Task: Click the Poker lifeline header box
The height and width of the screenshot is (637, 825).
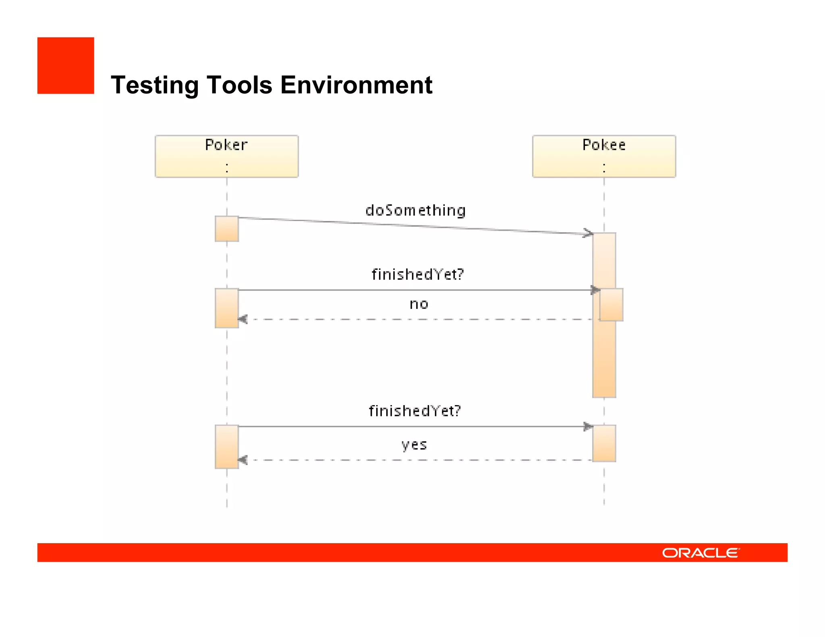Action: coord(226,156)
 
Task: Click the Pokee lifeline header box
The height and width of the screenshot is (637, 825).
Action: coord(604,156)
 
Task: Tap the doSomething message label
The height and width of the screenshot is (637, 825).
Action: coord(415,211)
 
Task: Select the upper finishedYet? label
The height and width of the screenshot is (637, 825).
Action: coord(417,275)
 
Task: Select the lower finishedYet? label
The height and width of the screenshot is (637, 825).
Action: coord(415,411)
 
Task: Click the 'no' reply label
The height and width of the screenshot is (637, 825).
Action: coord(419,304)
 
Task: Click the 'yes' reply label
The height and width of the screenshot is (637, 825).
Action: coord(414,445)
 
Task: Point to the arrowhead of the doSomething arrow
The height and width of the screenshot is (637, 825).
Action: coord(589,233)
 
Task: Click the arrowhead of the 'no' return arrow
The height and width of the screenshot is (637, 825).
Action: coord(243,319)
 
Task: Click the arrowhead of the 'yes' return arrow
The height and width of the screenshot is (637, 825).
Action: coord(243,460)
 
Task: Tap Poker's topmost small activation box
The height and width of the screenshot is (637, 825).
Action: coord(226,229)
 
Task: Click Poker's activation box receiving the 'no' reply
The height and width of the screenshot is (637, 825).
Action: coord(226,308)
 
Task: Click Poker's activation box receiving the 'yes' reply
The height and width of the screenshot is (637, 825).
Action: coord(226,447)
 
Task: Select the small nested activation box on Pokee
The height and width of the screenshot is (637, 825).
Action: coord(611,305)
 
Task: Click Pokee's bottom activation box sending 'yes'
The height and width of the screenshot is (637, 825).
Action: coord(604,443)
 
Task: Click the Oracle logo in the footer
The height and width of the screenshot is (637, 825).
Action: coord(700,553)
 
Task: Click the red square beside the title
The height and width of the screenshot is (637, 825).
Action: coord(66,66)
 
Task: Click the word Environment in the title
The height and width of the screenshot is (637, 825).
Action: coord(356,85)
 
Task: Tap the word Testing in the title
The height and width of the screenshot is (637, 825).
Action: coord(155,85)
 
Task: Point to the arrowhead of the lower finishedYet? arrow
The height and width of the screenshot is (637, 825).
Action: coord(588,426)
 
